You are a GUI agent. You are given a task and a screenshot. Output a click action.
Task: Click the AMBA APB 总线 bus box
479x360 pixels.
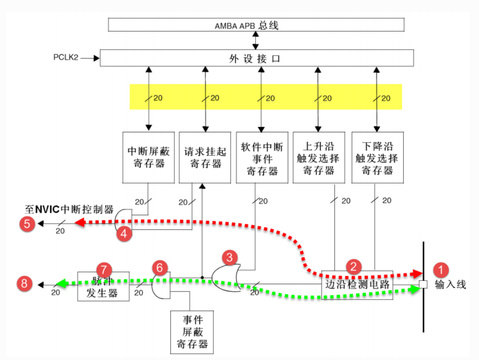(256, 25)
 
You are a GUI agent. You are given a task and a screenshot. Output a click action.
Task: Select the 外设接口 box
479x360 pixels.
(256, 58)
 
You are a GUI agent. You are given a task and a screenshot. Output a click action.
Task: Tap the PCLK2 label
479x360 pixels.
(66, 58)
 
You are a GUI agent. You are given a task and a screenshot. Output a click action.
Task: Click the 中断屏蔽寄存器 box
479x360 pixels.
(149, 157)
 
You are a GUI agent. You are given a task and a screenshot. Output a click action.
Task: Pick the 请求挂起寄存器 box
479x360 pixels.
(205, 157)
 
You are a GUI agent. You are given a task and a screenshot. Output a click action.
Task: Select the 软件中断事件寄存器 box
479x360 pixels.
(262, 157)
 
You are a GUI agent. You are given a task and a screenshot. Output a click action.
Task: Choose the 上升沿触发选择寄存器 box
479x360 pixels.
(318, 157)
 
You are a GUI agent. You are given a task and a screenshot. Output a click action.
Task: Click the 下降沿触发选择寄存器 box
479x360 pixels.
(377, 157)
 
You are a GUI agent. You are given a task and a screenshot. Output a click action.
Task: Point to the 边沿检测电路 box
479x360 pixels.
(357, 285)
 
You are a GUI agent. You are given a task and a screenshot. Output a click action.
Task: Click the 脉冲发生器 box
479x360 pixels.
(103, 286)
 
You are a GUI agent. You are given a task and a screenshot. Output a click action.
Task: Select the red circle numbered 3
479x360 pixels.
(229, 257)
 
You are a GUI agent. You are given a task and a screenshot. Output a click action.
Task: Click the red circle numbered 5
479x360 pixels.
(27, 224)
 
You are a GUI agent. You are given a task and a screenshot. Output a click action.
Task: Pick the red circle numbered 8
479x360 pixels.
(24, 283)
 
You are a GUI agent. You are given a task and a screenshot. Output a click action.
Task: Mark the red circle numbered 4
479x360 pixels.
(124, 233)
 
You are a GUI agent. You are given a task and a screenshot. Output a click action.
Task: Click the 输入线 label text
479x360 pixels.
(450, 285)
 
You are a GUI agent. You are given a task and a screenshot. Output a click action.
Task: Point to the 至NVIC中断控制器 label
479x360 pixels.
(69, 210)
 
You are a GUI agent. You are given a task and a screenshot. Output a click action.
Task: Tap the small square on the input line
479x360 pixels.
(423, 285)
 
